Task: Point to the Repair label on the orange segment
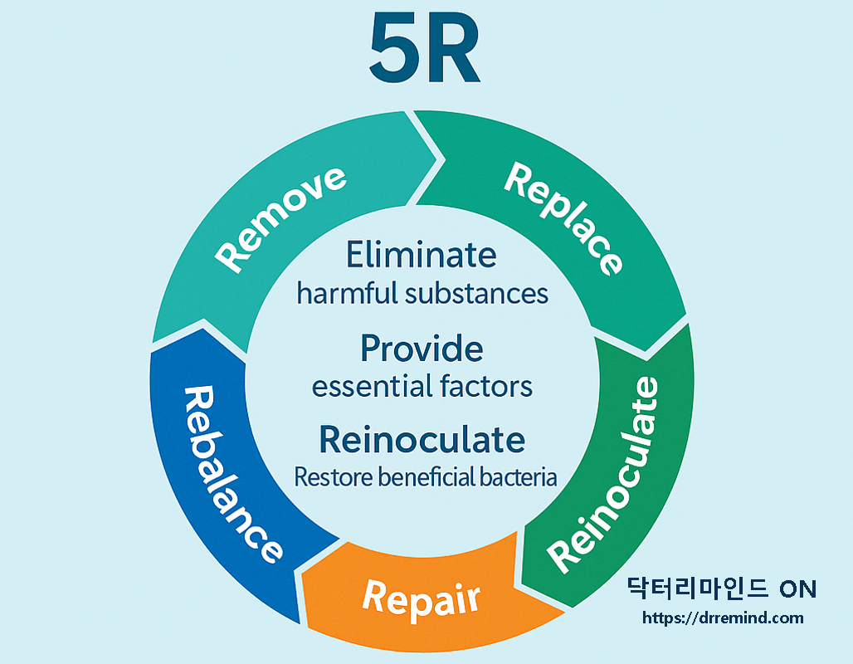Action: [x=422, y=595]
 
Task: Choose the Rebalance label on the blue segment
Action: [x=231, y=474]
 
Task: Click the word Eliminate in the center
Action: [x=422, y=254]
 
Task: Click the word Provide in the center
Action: [x=422, y=349]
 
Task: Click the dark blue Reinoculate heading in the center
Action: [x=422, y=439]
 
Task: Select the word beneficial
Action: [x=426, y=478]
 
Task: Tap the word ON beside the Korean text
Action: [x=798, y=589]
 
